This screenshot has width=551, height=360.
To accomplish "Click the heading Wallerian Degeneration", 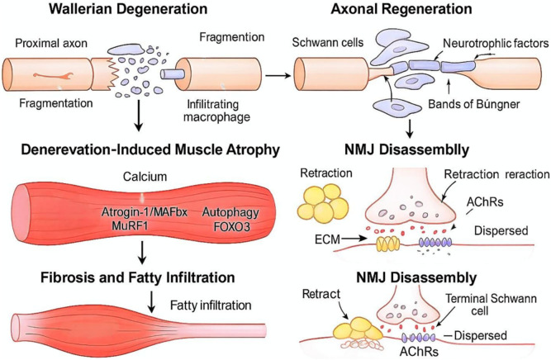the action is [x=128, y=9].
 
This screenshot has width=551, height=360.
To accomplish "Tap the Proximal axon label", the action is [x=51, y=43].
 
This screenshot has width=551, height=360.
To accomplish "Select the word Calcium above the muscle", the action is [x=145, y=177].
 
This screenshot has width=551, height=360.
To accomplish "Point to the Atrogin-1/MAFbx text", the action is [x=145, y=212].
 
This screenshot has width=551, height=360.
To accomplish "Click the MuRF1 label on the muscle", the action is [x=130, y=225].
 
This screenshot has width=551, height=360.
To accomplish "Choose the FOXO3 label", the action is [x=232, y=226].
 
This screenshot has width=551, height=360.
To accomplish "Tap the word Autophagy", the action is [x=230, y=212].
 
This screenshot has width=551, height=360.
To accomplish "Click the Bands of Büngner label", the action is [x=473, y=104].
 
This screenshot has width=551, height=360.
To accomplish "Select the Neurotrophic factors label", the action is [x=496, y=43].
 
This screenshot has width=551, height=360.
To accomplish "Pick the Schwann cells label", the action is [x=328, y=42].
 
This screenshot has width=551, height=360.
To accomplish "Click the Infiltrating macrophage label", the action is [x=216, y=111].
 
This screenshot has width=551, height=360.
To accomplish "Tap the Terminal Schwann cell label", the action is [x=491, y=305].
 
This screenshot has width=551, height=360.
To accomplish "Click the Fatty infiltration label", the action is [x=211, y=306].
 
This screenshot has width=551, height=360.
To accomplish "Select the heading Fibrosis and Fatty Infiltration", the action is [x=138, y=277].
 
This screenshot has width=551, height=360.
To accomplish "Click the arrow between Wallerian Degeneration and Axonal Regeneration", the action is [x=278, y=75].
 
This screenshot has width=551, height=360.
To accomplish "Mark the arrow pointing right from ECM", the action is [x=354, y=239].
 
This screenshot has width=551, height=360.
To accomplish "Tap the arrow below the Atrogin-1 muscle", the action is [x=141, y=252].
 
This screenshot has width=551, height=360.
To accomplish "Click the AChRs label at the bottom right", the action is [x=419, y=352].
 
